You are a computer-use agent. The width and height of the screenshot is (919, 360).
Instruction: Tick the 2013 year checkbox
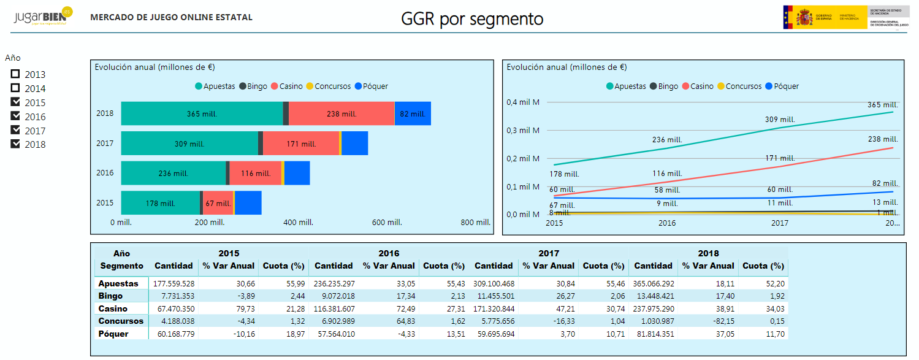point(15,74)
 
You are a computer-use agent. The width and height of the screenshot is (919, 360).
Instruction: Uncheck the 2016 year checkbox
point(15,116)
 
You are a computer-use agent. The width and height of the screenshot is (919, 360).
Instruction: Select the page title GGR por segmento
point(472,19)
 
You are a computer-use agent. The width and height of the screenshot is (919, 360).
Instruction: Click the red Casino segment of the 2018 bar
point(341,113)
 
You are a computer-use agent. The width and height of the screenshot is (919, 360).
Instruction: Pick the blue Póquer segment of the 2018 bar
point(412,113)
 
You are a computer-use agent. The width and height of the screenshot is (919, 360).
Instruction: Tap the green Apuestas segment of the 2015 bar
point(160,203)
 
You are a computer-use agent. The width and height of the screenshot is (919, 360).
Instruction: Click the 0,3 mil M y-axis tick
point(523,130)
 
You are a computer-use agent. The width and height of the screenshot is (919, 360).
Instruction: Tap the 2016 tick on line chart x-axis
point(667,223)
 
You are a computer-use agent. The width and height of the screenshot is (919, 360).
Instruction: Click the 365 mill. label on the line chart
point(883,105)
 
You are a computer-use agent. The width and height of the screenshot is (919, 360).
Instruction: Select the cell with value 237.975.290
point(654,308)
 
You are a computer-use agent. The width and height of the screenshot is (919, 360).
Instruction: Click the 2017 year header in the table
point(549,253)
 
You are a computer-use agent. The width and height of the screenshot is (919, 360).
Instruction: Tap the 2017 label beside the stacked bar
point(105,143)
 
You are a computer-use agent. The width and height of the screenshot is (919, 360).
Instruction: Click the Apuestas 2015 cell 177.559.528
point(174,284)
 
